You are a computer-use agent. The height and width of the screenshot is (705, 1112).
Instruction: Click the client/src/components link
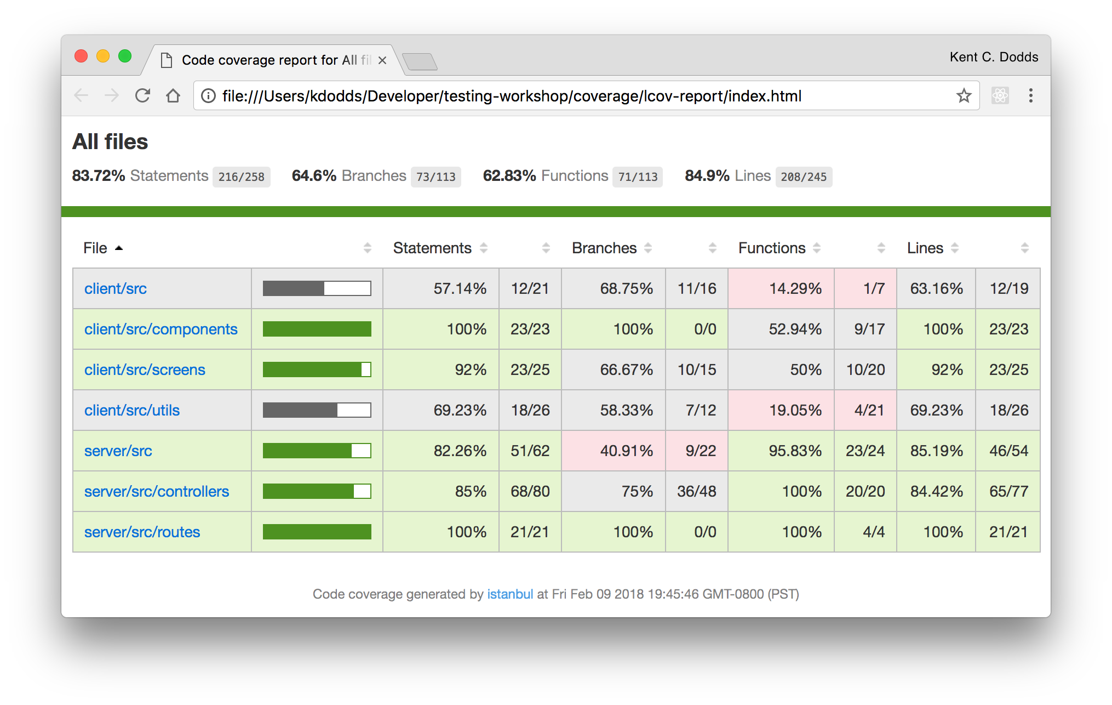click(x=161, y=329)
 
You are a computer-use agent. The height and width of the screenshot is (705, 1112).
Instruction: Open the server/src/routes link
click(x=142, y=532)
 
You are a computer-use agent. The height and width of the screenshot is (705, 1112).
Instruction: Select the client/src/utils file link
click(x=131, y=410)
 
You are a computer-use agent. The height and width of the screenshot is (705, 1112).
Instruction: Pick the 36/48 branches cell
click(x=696, y=491)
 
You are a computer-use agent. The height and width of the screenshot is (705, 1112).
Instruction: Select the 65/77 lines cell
click(x=1008, y=491)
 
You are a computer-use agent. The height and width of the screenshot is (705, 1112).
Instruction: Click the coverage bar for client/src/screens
click(x=317, y=369)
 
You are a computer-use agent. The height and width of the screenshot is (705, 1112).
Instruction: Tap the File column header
click(x=95, y=248)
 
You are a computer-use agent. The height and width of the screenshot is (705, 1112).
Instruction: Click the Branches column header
click(x=604, y=248)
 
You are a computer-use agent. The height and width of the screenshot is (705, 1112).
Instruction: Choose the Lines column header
click(x=925, y=248)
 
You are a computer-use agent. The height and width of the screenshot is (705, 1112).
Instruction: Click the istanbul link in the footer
click(x=509, y=594)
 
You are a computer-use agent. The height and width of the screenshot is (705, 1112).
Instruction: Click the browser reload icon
click(x=142, y=96)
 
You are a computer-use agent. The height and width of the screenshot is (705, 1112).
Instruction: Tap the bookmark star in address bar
click(x=964, y=96)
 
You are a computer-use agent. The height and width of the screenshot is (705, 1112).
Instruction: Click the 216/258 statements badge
click(x=241, y=177)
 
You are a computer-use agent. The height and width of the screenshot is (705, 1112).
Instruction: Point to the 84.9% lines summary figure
click(x=707, y=175)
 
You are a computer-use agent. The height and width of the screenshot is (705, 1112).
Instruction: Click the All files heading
click(x=110, y=141)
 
